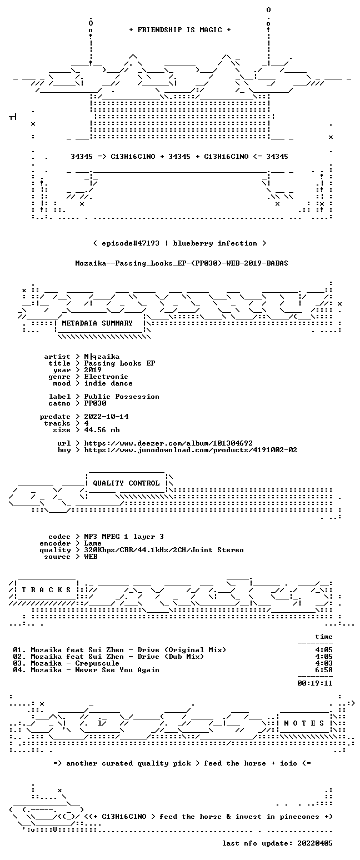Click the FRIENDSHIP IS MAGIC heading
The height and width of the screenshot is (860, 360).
click(180, 30)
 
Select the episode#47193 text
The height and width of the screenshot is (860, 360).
click(131, 243)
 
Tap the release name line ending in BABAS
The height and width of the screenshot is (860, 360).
click(182, 263)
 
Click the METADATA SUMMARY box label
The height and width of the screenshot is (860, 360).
click(97, 323)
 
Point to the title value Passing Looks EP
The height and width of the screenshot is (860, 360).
click(120, 363)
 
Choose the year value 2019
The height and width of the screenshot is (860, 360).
click(93, 370)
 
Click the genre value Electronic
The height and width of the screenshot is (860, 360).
click(106, 377)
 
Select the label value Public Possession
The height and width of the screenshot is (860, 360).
click(122, 397)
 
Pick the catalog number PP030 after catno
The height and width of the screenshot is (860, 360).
click(95, 403)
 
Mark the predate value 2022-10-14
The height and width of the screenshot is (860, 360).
click(106, 417)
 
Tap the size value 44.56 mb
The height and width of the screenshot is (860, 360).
click(102, 430)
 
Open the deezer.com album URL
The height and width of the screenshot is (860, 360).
click(168, 443)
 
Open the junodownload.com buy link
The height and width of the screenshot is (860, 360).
click(191, 450)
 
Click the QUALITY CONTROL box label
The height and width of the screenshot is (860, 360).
click(126, 483)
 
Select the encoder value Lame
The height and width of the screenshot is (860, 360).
click(93, 543)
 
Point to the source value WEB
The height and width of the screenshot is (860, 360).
click(91, 557)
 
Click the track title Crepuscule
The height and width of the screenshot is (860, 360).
click(97, 663)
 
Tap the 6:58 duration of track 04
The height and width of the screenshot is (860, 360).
click(324, 670)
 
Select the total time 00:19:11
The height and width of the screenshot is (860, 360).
click(315, 683)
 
